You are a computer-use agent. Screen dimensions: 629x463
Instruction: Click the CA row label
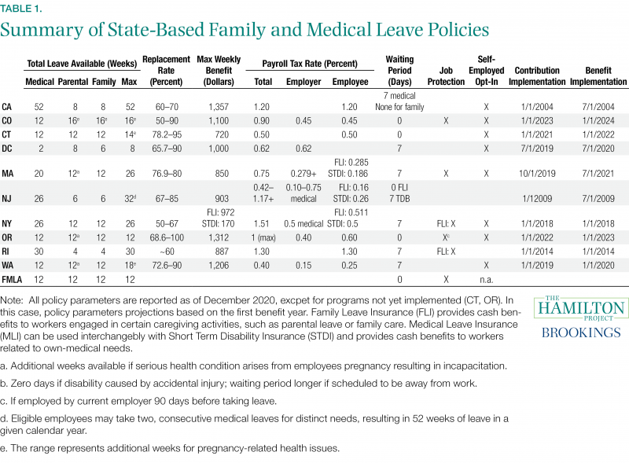[x=6, y=107]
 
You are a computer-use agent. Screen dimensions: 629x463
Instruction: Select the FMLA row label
[x=12, y=280]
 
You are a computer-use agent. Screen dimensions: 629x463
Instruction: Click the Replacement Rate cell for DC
[x=167, y=149]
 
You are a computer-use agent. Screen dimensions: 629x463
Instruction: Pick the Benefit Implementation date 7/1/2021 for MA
[x=598, y=173]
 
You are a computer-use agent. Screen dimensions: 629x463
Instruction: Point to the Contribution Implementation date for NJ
[x=537, y=199]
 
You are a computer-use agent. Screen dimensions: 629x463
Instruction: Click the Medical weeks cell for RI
[x=39, y=252]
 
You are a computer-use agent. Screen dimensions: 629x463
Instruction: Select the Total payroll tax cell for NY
[x=262, y=223]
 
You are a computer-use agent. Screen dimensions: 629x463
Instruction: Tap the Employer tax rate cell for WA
[x=303, y=265]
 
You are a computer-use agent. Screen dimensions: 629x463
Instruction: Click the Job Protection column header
[x=446, y=76]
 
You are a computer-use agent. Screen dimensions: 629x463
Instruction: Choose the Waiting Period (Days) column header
[x=399, y=71]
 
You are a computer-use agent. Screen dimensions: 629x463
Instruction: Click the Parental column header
[x=73, y=82]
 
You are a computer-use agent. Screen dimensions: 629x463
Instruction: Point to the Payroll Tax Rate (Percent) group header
[x=310, y=64]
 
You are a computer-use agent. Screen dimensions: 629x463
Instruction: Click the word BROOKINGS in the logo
[x=581, y=333]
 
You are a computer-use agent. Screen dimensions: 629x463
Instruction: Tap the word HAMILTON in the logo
[x=581, y=308]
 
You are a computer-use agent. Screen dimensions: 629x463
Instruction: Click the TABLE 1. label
[x=21, y=9]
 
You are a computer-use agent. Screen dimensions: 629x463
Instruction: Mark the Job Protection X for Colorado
[x=446, y=121]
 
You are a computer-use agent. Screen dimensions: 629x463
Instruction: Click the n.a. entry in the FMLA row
[x=486, y=280]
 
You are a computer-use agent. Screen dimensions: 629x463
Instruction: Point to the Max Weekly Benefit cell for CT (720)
[x=222, y=134]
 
